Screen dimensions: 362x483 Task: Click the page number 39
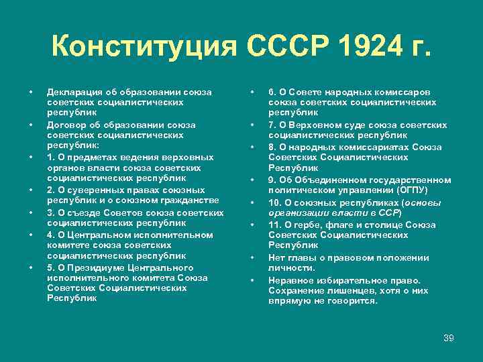pyautogui.click(x=449, y=338)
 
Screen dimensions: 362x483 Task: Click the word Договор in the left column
pyautogui.click(x=65, y=125)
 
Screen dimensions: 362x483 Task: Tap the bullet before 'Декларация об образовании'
pyautogui.click(x=30, y=92)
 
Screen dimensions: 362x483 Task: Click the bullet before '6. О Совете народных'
pyautogui.click(x=252, y=92)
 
